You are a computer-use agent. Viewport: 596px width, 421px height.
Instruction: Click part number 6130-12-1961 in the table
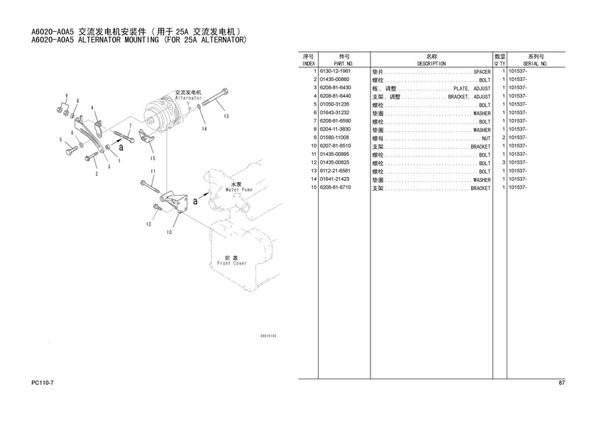pos(336,72)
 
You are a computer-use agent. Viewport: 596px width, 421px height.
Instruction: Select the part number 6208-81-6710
pos(336,189)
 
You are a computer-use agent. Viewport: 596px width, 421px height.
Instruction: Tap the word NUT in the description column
pos(486,138)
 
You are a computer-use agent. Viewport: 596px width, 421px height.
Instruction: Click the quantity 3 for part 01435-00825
pos(502,163)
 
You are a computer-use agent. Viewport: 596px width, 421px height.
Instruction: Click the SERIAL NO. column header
pos(535,63)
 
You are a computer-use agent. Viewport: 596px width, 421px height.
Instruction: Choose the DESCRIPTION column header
pos(431,63)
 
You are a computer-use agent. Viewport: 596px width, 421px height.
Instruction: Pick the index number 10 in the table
pos(311,147)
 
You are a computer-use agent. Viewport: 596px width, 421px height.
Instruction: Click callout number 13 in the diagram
pos(224,116)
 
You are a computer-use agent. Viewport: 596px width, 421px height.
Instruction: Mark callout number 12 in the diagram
pos(149,224)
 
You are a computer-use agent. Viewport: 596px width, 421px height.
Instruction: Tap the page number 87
pos(561,383)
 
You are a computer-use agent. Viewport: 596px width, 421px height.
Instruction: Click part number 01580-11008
pos(336,138)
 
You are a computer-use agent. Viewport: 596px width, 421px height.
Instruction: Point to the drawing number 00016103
pos(267,335)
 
